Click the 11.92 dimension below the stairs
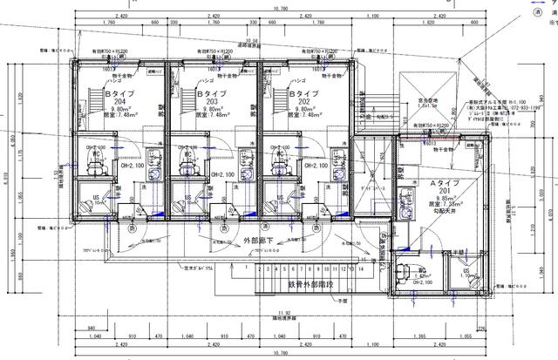pos(281,310)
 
